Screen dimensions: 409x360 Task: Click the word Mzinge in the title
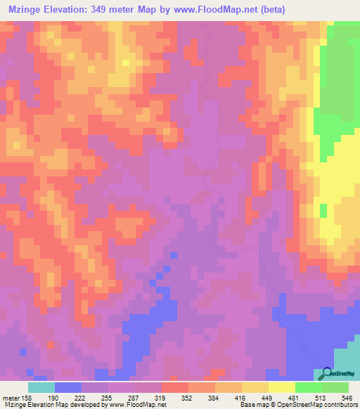25,10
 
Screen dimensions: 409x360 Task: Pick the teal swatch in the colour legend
41,387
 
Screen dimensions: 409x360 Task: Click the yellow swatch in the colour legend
282,387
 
